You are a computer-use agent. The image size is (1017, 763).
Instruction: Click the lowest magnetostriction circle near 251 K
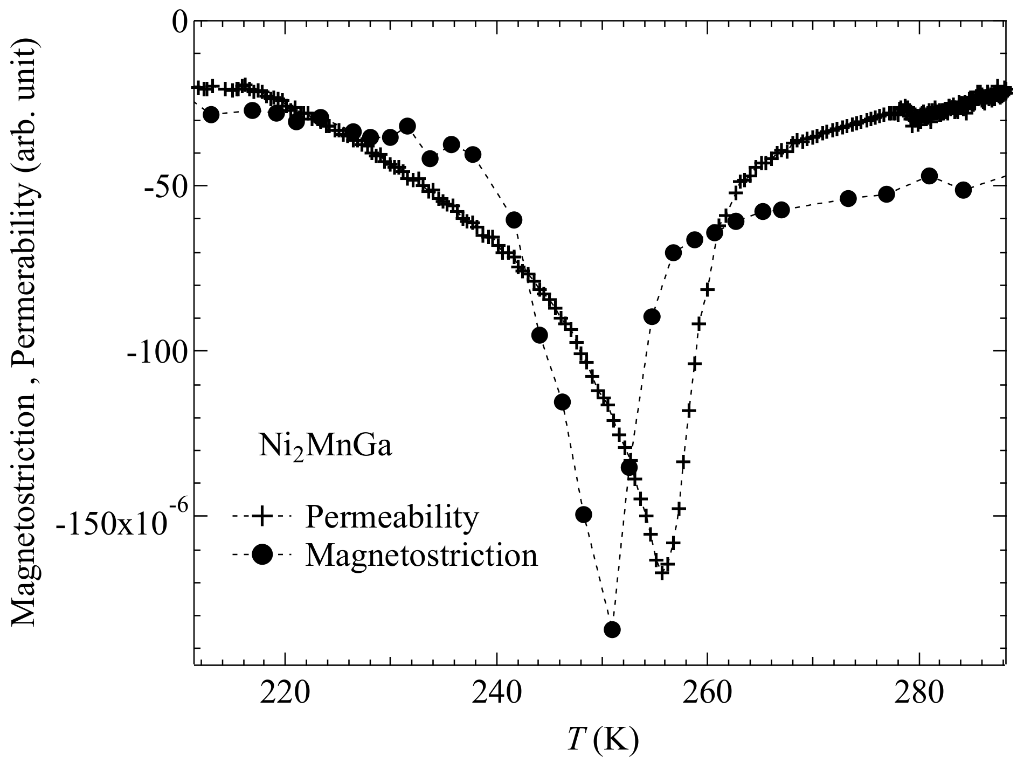pyautogui.click(x=612, y=629)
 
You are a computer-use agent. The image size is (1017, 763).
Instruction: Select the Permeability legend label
pyautogui.click(x=392, y=517)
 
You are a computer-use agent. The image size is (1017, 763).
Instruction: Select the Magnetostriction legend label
pyautogui.click(x=421, y=554)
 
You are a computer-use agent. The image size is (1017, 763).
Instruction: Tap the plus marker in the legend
pyautogui.click(x=262, y=517)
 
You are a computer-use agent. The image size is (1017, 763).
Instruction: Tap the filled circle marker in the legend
pyautogui.click(x=262, y=554)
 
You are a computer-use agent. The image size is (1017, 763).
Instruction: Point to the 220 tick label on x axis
pyautogui.click(x=285, y=695)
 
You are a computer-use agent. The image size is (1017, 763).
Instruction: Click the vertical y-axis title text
pyautogui.click(x=24, y=334)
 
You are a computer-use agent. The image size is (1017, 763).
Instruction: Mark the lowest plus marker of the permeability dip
pyautogui.click(x=662, y=573)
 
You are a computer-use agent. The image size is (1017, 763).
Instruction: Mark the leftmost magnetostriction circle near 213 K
pyautogui.click(x=211, y=114)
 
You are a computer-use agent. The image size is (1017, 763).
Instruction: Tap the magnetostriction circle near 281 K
pyautogui.click(x=929, y=176)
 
